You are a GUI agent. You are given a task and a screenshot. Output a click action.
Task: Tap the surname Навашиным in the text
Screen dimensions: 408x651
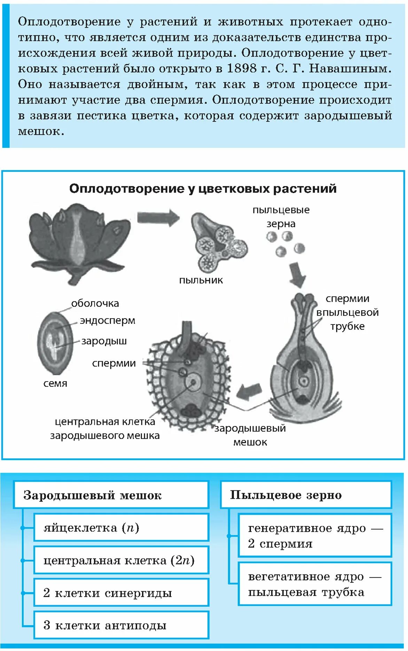(350, 68)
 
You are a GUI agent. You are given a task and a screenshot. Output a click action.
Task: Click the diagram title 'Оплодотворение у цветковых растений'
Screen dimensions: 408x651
(203, 188)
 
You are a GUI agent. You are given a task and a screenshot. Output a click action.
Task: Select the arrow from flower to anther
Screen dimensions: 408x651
(158, 218)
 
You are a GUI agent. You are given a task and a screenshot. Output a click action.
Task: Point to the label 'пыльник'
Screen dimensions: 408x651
(201, 280)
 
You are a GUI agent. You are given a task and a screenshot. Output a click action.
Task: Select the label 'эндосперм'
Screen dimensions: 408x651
(107, 321)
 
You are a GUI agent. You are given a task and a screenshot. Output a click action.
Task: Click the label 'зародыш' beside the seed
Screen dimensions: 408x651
(104, 341)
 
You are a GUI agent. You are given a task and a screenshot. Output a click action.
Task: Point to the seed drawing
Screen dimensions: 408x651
(55, 342)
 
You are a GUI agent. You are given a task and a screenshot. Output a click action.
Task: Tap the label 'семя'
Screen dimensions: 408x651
(55, 384)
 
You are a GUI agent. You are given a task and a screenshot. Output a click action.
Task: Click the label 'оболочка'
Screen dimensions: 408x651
(95, 304)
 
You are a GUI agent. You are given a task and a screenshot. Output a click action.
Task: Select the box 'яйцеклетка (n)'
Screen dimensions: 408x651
(121, 528)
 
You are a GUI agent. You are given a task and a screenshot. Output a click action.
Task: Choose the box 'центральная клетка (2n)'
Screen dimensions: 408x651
(121, 560)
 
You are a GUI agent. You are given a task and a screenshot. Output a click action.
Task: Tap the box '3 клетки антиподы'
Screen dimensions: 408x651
(121, 625)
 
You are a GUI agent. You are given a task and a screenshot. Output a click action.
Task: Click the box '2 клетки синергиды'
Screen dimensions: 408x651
(121, 593)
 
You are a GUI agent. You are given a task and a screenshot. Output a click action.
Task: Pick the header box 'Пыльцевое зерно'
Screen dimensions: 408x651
(306, 495)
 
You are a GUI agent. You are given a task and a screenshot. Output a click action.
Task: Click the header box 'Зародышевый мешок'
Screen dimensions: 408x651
(111, 495)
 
